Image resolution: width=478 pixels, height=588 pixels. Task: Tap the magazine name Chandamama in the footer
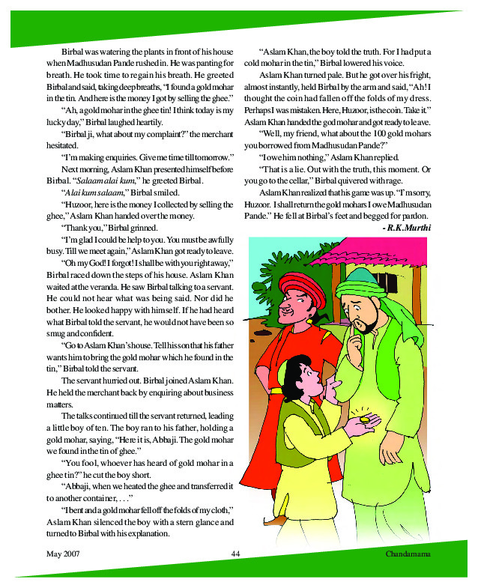[x=411, y=553]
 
